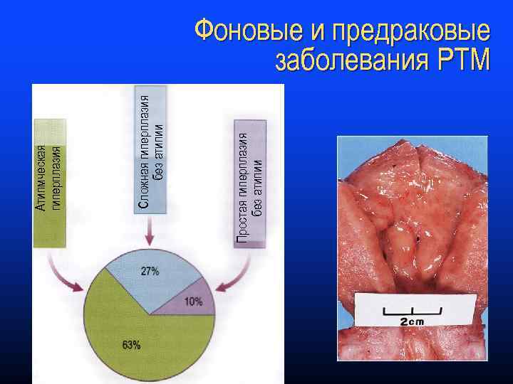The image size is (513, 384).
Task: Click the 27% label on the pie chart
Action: (x=150, y=271)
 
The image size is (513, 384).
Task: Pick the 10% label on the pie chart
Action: (x=193, y=302)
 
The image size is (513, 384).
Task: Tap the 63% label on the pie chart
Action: (x=131, y=345)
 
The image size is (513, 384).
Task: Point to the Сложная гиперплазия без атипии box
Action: (x=150, y=150)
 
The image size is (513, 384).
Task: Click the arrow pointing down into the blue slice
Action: (x=149, y=230)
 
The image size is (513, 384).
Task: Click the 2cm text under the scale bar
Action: (x=411, y=321)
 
